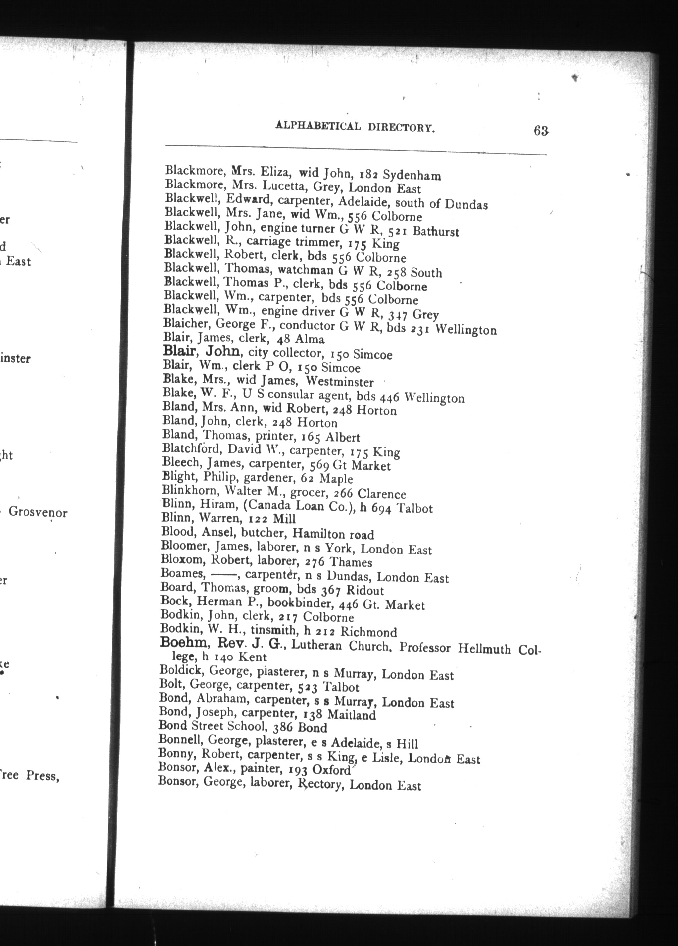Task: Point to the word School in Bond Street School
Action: pyautogui.click(x=247, y=727)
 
